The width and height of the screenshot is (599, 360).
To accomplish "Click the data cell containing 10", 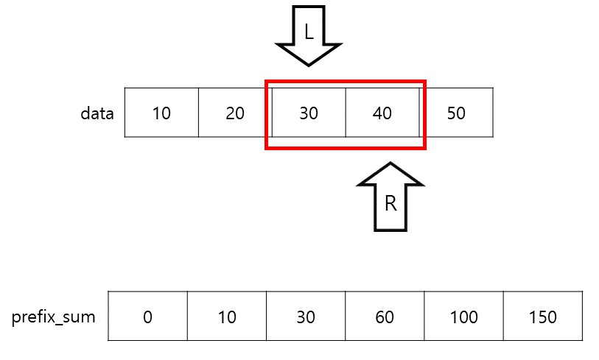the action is [x=161, y=113].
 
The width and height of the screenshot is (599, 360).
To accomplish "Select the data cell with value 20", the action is [x=235, y=113].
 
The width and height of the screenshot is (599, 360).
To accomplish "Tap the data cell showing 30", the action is [x=309, y=113].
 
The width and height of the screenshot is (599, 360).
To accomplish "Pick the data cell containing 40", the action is [x=382, y=113].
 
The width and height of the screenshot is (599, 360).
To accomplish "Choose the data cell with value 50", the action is [x=456, y=113].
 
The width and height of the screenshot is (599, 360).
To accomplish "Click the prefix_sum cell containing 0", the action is [x=148, y=317].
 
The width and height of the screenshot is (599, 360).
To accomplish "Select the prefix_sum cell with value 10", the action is [x=227, y=317].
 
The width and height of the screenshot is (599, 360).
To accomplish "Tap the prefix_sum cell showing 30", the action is [x=306, y=317].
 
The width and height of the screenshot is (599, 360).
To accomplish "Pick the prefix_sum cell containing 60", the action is [x=385, y=317].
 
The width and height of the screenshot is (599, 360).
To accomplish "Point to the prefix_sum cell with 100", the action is [x=463, y=317].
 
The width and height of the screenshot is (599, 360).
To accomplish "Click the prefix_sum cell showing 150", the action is [x=543, y=317].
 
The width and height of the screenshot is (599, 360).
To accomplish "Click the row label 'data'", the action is [x=97, y=113].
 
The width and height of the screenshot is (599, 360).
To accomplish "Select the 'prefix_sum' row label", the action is [x=54, y=318].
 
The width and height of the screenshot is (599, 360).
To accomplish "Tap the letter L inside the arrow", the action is [x=309, y=31].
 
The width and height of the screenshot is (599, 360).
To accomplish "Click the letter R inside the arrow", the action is [x=390, y=203].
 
